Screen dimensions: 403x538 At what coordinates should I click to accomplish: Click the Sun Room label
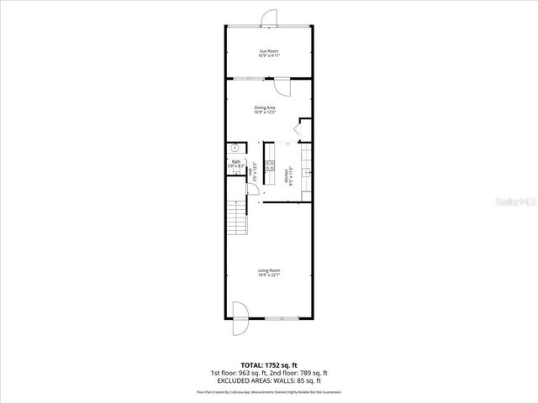(269, 54)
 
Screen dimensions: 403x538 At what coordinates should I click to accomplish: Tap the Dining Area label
(266, 110)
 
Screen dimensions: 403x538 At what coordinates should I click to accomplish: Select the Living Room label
(268, 272)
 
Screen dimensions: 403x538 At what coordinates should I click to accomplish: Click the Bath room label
(236, 164)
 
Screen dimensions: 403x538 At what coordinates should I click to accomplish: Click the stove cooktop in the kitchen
(271, 165)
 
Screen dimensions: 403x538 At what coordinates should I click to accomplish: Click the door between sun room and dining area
(282, 87)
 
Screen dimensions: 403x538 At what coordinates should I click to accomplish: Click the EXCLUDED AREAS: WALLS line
(269, 379)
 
